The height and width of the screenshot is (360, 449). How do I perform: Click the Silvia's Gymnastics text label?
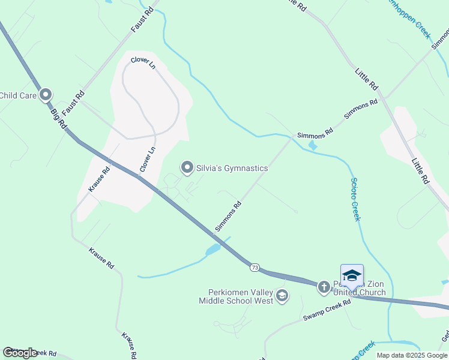point(232,168)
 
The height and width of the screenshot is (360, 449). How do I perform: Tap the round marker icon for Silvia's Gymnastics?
point(187,167)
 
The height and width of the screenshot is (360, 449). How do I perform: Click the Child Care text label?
point(19,95)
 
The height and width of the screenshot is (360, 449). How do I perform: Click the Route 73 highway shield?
point(256,267)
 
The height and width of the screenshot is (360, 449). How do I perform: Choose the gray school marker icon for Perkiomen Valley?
point(282,295)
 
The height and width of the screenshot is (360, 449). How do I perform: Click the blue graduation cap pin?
point(352,277)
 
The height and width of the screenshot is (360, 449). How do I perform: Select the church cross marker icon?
point(324,287)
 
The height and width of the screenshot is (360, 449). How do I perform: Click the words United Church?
point(352,293)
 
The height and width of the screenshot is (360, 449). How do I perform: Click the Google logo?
point(20,353)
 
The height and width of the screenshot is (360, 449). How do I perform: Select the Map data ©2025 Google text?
point(412,355)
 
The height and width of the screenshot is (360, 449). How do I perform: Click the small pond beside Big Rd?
point(212,250)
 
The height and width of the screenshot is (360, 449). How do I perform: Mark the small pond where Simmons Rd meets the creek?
point(312,145)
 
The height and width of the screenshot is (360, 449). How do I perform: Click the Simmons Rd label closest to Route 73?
point(228,217)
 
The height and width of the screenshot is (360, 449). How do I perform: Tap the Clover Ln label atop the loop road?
point(143,63)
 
